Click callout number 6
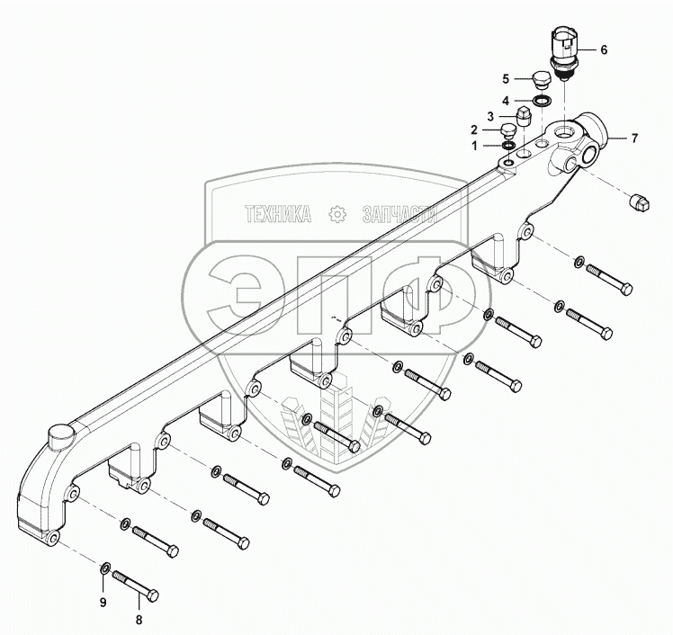point(605,51)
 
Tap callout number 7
point(633,138)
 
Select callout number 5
point(506,78)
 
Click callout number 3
point(489,116)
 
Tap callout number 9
point(102,601)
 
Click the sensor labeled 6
point(562,54)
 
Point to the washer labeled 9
point(105,568)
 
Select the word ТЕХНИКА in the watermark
point(279,213)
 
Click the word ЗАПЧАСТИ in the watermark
point(398,213)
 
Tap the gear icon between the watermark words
point(337,213)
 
